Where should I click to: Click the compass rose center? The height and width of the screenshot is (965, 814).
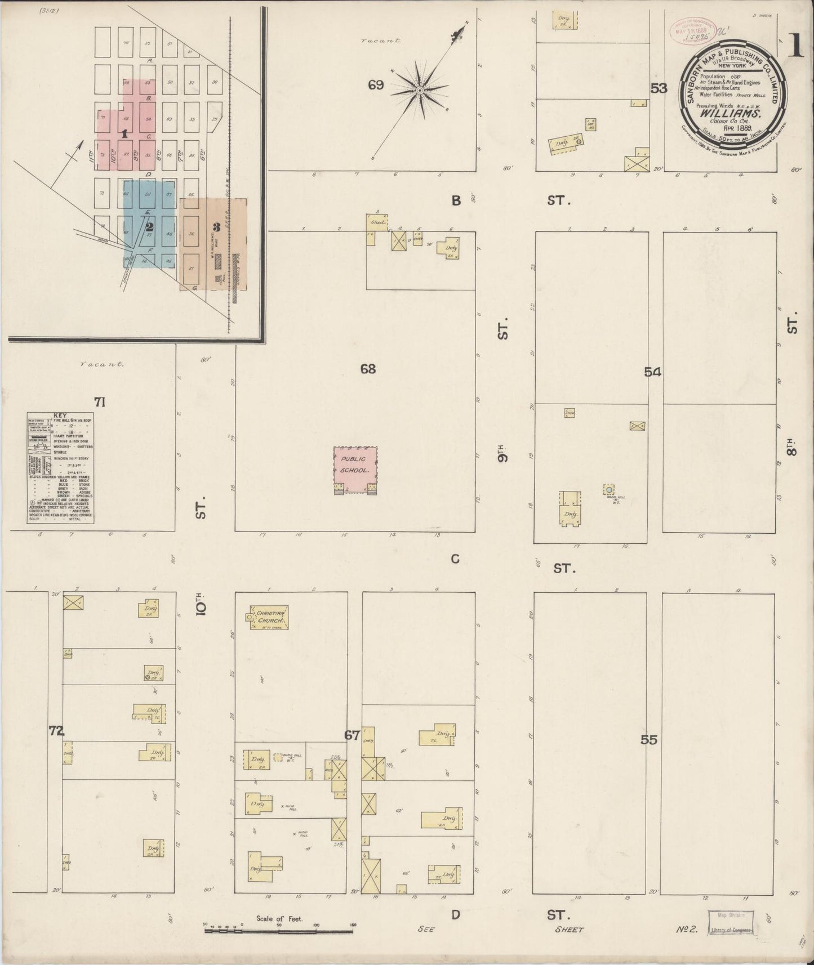point(420,90)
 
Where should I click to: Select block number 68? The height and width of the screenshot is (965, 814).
point(368,369)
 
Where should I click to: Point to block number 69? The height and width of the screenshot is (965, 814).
point(376,85)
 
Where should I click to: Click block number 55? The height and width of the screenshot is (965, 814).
point(649,740)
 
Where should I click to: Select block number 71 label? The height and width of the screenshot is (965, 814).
point(100,401)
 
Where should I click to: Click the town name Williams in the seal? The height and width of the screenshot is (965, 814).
point(731,112)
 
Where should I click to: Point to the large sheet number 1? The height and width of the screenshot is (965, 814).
point(795,48)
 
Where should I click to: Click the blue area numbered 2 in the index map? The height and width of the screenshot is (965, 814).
point(149,227)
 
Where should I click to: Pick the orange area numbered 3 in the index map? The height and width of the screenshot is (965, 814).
point(216,227)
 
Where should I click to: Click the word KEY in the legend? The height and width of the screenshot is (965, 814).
point(60,416)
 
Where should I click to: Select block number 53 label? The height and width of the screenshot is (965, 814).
point(659,88)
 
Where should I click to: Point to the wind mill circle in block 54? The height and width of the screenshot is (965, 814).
point(608,489)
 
